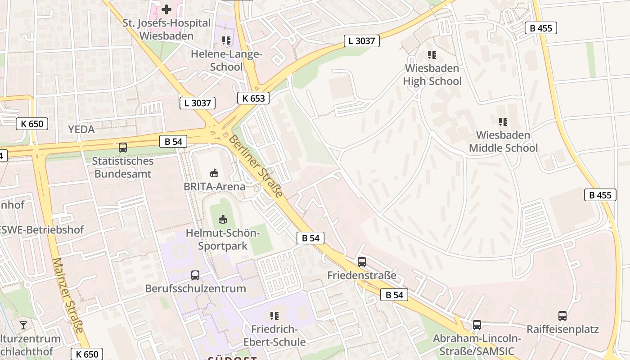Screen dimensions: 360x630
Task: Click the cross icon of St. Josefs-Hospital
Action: pos(166,9)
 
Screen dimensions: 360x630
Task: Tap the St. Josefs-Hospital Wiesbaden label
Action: pos(166,29)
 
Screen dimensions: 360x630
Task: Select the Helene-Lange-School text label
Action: pos(226,60)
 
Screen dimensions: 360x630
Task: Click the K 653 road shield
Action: pos(253,98)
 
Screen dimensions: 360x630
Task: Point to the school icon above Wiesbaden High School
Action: pos(432,55)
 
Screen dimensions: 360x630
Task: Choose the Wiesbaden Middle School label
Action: pos(503,141)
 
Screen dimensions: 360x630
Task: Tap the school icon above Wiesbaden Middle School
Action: pos(503,121)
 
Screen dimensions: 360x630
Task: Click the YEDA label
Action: pos(81,130)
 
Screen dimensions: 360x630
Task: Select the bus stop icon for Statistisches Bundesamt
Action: pos(122,147)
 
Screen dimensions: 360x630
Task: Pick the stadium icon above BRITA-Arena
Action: pos(215,173)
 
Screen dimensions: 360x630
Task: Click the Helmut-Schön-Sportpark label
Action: pos(223,239)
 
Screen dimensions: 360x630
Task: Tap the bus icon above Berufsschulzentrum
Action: pos(195,275)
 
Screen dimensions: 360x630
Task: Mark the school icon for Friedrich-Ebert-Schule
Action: pos(274,316)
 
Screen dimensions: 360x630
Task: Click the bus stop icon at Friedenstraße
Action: pos(362,261)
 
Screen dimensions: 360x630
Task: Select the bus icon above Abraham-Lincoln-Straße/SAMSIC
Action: pos(477,324)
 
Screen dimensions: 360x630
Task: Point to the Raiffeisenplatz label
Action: pos(562,329)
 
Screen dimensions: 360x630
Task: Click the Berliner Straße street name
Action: pos(256,166)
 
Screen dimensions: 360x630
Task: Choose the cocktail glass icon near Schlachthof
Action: pos(23,325)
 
